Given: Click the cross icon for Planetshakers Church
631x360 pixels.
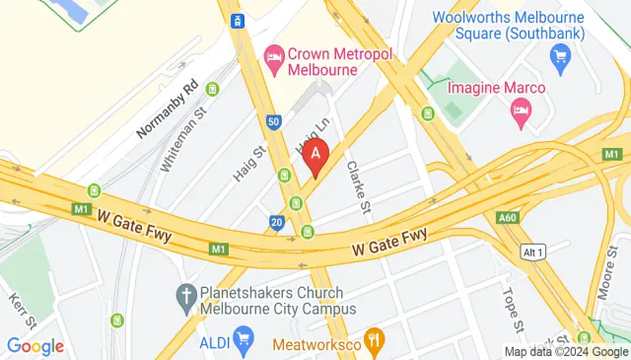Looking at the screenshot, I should (184, 294).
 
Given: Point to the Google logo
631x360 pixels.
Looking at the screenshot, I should (35, 346).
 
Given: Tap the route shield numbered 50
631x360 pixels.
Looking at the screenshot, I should (273, 122).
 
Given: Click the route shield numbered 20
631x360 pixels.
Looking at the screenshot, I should (279, 224).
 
